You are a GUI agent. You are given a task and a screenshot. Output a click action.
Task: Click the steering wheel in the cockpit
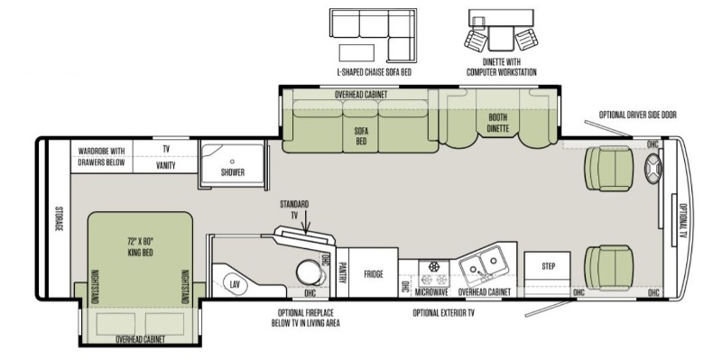653,168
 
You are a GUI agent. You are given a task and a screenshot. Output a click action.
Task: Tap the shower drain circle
233,162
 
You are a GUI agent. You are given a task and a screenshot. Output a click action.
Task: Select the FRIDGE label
374,274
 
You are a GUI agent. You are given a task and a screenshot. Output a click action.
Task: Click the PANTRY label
342,273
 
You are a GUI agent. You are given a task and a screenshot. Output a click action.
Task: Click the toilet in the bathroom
310,272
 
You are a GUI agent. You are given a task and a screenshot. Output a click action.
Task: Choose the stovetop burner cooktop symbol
433,273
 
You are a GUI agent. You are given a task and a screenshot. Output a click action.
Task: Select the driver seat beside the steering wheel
608,169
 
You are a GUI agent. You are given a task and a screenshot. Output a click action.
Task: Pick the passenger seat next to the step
608,267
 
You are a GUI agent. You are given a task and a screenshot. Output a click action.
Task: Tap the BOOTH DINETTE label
499,123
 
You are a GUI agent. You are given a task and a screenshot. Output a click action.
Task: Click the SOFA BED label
362,135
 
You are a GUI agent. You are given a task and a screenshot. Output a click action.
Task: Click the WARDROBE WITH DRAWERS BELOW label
101,156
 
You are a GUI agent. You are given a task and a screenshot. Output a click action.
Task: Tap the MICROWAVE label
432,292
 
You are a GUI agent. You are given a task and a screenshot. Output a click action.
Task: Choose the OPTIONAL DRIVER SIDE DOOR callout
638,115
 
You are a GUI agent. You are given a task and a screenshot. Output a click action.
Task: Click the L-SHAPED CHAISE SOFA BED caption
374,72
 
